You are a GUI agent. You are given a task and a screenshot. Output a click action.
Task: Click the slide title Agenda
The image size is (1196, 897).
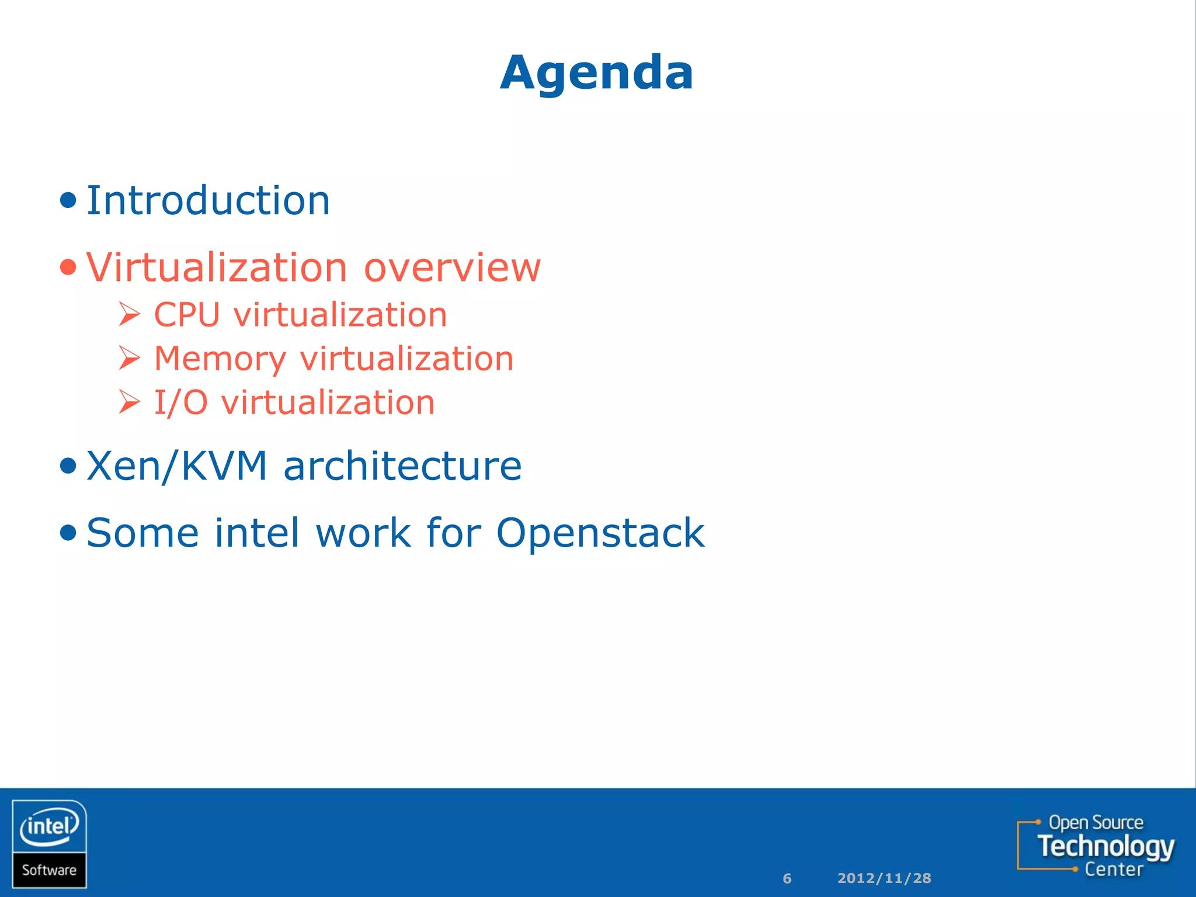[597, 72]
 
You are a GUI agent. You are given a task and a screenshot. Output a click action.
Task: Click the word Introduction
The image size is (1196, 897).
[208, 201]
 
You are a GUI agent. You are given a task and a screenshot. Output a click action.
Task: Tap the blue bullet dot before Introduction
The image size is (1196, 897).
[68, 201]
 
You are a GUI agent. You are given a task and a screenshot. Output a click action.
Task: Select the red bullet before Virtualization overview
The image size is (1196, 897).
[68, 267]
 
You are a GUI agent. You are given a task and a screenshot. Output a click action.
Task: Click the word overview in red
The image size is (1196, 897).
[452, 268]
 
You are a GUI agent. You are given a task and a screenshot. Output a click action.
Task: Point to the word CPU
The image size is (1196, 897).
[186, 315]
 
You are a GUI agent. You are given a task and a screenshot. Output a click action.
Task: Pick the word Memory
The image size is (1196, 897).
[220, 359]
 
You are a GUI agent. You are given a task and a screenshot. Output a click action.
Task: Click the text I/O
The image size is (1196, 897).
[180, 402]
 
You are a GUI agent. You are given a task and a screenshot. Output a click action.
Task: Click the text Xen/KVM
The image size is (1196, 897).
[176, 466]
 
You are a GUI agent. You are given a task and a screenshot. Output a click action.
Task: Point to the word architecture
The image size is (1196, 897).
[402, 466]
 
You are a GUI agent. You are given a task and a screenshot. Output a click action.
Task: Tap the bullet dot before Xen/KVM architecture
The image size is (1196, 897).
[68, 466]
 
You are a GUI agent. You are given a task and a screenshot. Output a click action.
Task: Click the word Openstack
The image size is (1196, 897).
[600, 533]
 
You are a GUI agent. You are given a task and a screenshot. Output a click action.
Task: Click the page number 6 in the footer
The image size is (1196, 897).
[787, 878]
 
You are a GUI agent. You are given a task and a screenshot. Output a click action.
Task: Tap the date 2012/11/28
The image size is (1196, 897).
[884, 878]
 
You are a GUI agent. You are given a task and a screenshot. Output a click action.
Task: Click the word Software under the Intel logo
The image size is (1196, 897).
[49, 870]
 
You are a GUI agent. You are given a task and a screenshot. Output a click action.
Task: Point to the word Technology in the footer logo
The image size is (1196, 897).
[1105, 846]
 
